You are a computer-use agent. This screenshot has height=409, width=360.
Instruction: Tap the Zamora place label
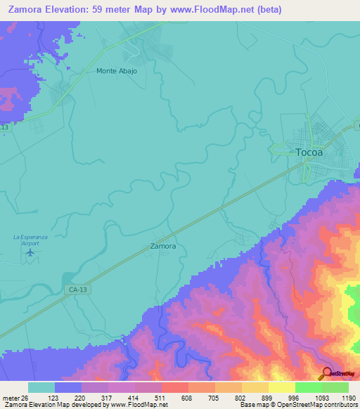tap(162, 247)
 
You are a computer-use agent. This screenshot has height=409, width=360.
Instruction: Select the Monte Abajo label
tap(117, 71)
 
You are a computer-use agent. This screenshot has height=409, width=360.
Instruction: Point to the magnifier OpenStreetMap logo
tap(326, 374)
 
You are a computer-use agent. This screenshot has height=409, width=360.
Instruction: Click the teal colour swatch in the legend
tap(41, 387)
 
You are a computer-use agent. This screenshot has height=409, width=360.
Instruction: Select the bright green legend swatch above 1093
tap(308, 387)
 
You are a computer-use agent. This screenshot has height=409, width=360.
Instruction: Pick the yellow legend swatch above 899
tap(255, 387)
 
